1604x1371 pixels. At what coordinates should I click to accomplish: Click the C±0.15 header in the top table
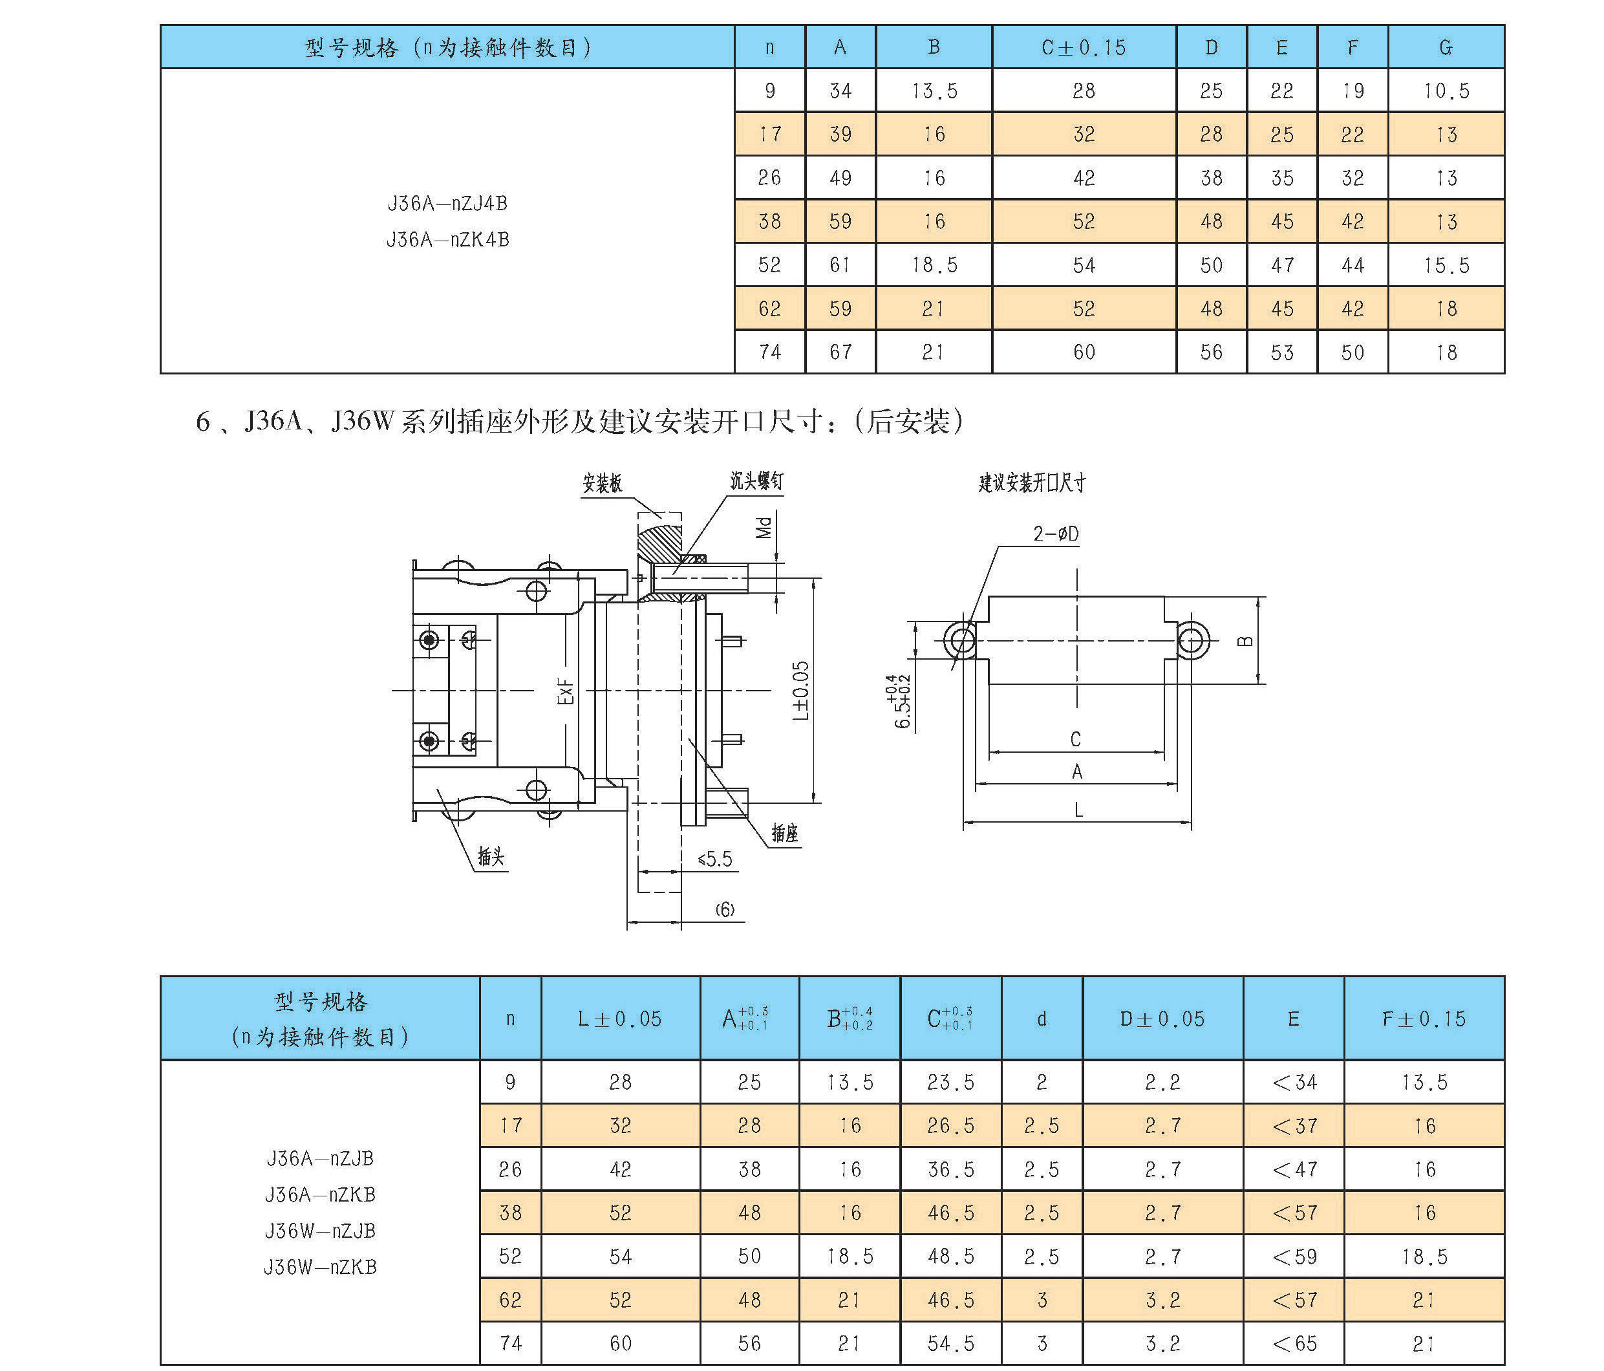[x=1083, y=47]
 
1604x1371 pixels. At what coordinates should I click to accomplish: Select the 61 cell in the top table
[x=840, y=264]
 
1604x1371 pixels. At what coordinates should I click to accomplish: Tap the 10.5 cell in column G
[x=1446, y=91]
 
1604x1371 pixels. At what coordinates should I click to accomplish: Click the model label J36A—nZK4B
[x=447, y=239]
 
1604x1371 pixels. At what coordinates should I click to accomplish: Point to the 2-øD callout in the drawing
[x=1055, y=534]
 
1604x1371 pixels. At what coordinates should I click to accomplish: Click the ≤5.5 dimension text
[x=714, y=859]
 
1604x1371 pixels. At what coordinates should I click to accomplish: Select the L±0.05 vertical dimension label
[x=800, y=690]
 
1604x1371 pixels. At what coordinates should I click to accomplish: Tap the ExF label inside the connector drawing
[x=566, y=691]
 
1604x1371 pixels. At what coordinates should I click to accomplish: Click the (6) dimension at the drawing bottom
[x=725, y=910]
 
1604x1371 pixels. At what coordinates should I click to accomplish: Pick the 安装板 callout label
[x=603, y=484]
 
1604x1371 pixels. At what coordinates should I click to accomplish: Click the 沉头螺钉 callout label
[x=756, y=480]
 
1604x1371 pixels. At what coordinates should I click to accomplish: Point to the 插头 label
[x=491, y=856]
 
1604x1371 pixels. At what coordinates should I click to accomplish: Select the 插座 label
[x=784, y=833]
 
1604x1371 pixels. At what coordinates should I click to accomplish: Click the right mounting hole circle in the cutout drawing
[x=1193, y=641]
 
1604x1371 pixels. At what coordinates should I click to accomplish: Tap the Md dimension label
[x=764, y=527]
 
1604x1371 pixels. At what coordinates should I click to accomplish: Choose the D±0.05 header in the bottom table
[x=1162, y=1019]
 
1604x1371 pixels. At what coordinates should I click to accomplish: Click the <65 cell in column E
[x=1294, y=1343]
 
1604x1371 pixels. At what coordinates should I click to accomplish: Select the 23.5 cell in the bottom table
[x=950, y=1081]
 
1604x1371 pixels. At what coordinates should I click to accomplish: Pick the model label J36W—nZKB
[x=320, y=1268]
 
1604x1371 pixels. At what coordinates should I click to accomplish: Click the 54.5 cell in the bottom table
[x=950, y=1343]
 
